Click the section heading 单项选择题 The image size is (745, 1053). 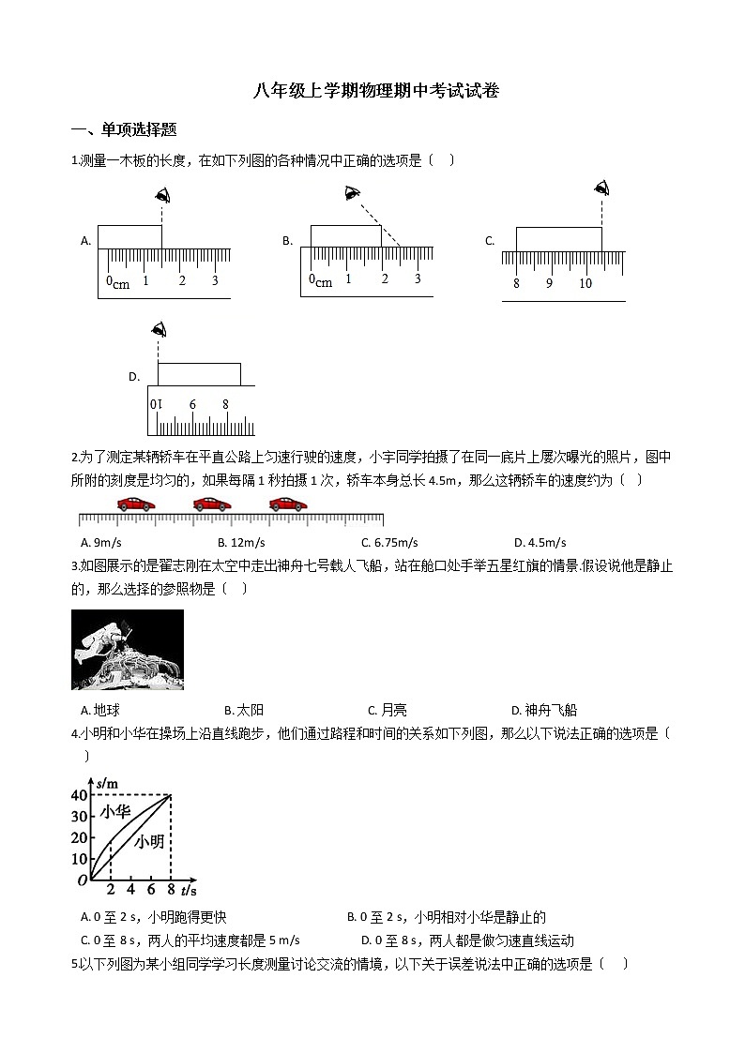pyautogui.click(x=124, y=130)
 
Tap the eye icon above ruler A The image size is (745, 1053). pyautogui.click(x=162, y=196)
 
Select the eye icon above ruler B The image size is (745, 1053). pyautogui.click(x=352, y=192)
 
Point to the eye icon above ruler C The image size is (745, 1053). pyautogui.click(x=601, y=189)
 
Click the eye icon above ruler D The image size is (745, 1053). pyautogui.click(x=159, y=329)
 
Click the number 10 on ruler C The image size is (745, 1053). pyautogui.click(x=585, y=283)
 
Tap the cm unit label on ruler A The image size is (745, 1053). pyautogui.click(x=121, y=284)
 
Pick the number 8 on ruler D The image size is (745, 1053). pyautogui.click(x=225, y=404)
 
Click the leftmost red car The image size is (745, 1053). pyautogui.click(x=136, y=504)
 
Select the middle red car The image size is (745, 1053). pyautogui.click(x=211, y=504)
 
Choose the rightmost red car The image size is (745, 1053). pyautogui.click(x=287, y=504)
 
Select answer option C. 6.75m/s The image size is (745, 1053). pyautogui.click(x=389, y=542)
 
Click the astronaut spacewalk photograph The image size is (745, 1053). pyautogui.click(x=128, y=650)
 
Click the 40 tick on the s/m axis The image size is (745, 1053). pyautogui.click(x=79, y=795)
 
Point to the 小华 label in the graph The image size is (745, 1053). pyautogui.click(x=114, y=812)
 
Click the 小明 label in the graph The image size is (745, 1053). pyautogui.click(x=148, y=841)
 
